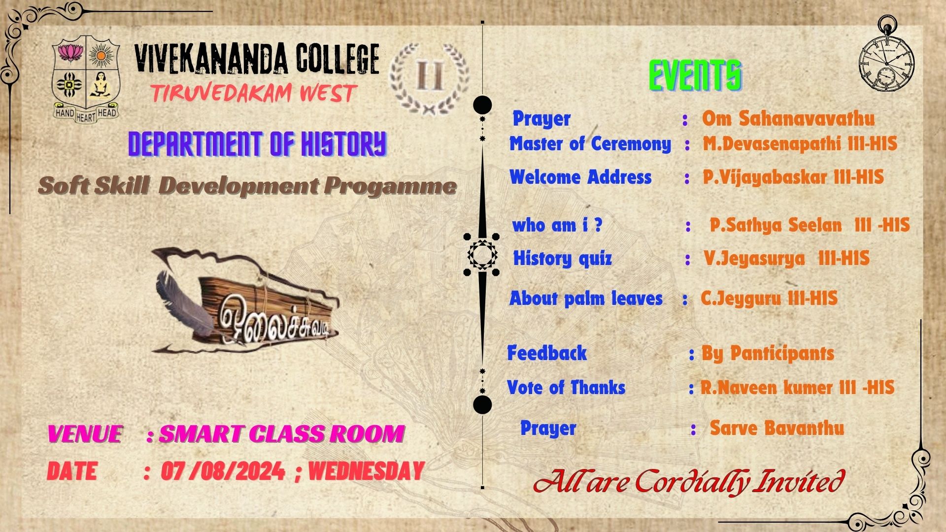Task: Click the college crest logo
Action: coord(86,79)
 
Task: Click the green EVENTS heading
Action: coord(695,76)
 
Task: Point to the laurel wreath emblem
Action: coord(429,77)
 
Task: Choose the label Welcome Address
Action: coord(580,177)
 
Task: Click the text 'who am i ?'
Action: coord(557,225)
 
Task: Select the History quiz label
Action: coord(562,258)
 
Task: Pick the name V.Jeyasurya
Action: coord(754,259)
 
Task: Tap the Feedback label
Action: coord(547,353)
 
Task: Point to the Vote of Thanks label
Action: coord(566,388)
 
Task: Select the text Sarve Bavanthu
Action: coord(777,428)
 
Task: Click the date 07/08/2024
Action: coord(223,471)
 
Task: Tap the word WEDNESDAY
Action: coord(366,471)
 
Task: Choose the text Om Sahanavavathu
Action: coord(788,119)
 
